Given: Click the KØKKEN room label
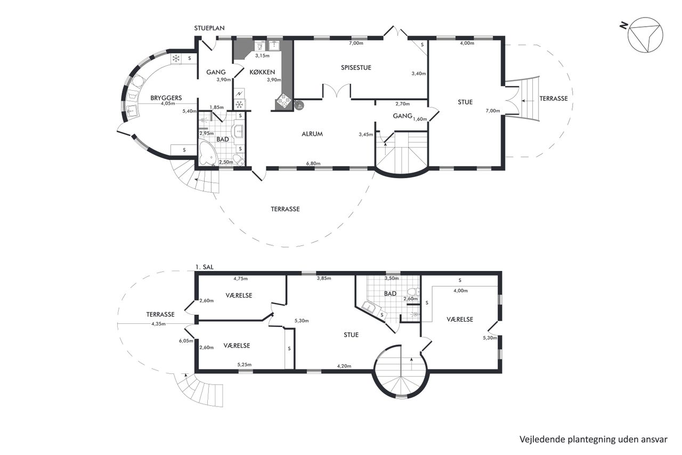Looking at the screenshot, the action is click(262, 72).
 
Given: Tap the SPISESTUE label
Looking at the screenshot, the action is click(356, 68).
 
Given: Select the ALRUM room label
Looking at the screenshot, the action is click(312, 134).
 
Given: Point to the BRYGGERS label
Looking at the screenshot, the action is click(166, 98).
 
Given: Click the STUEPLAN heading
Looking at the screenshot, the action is click(209, 28).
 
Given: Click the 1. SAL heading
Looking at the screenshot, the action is click(204, 267).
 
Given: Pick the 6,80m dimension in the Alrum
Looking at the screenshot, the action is click(313, 163).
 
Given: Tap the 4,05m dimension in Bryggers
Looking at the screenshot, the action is click(168, 103).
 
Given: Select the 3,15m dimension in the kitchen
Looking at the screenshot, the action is click(262, 56).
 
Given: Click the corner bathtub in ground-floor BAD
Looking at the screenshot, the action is click(208, 153).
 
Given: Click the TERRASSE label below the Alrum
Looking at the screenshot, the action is click(285, 209).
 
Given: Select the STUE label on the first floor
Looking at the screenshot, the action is click(351, 335).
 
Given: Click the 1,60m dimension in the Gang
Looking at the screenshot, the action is click(420, 119).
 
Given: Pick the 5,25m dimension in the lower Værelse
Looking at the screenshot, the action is click(245, 364).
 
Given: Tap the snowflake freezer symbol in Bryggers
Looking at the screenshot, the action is click(176, 58).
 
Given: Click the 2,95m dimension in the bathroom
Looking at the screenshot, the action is click(206, 133).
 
